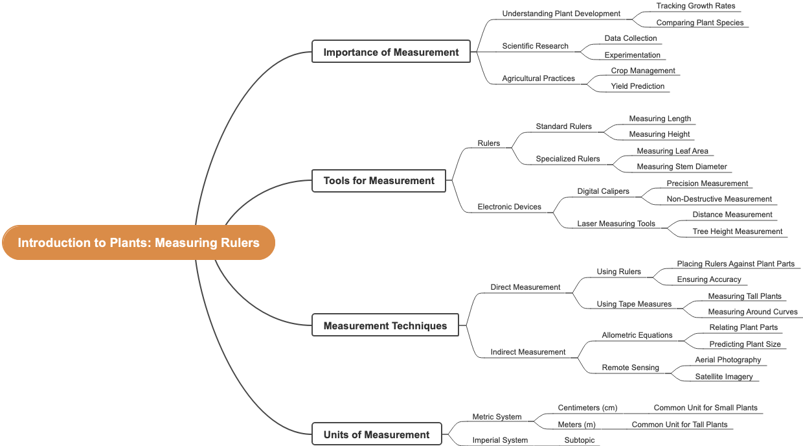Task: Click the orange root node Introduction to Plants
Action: [139, 242]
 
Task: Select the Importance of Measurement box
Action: [391, 52]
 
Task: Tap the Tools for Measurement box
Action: [379, 180]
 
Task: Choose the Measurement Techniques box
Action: [385, 325]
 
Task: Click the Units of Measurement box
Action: [376, 434]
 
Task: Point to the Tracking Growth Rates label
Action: [696, 6]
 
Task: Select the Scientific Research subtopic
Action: [535, 46]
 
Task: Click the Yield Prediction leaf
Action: [637, 86]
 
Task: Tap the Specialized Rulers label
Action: [567, 159]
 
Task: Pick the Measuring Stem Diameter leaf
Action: [681, 167]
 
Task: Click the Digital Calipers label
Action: [603, 191]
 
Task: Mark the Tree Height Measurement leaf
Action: [737, 231]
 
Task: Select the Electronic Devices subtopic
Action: [509, 207]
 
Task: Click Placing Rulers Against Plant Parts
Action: [735, 264]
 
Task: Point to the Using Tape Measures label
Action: [634, 304]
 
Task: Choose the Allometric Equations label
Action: [637, 335]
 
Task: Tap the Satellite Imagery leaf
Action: [723, 377]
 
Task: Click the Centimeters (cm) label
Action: [587, 408]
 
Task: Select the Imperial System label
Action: [500, 440]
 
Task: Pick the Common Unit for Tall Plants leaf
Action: [679, 425]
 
